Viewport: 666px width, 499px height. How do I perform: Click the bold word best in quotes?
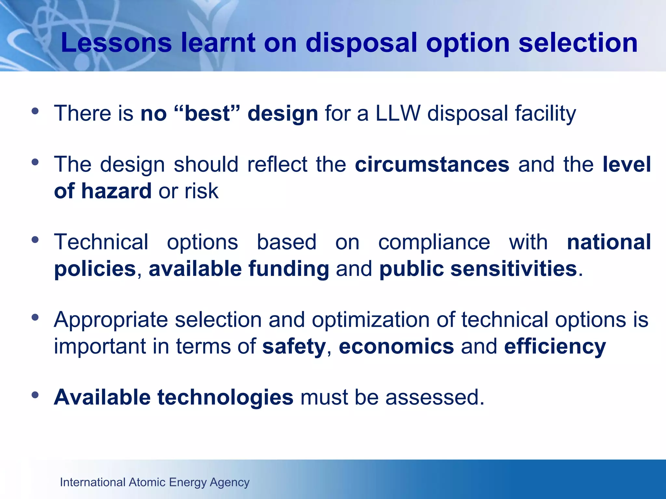coord(207,113)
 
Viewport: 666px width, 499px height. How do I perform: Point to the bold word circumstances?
coord(432,164)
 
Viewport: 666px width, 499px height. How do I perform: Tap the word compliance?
coord(434,242)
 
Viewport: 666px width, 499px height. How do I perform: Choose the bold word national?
coord(609,242)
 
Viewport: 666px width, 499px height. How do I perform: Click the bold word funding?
coord(289,269)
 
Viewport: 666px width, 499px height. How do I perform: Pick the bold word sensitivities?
coord(513,269)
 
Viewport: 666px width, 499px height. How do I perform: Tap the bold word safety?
coord(294,346)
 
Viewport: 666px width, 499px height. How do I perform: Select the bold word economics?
coord(396,346)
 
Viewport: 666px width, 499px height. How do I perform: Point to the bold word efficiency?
coord(555,346)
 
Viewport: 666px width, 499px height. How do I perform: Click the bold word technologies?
coord(225,397)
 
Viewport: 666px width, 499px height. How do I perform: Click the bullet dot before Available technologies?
coord(35,395)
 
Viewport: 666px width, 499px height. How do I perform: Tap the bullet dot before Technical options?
coord(35,240)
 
